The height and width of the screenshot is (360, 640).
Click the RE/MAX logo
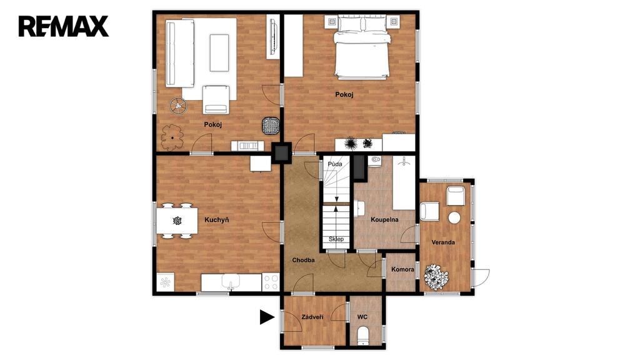point(64,26)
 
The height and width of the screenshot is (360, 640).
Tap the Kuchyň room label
point(216,220)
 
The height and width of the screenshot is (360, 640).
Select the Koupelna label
point(384,219)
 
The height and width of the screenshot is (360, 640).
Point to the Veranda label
point(443,242)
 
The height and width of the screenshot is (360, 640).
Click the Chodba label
point(303,260)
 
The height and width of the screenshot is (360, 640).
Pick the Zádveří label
point(312,317)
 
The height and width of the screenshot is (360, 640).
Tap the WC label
point(362,317)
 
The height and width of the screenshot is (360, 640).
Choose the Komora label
point(402,269)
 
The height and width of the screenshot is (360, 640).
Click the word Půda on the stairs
point(335,164)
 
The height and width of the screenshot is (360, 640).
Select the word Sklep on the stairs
point(336,239)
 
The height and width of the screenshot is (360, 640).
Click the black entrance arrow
point(267,317)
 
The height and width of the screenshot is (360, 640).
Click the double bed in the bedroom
point(361,47)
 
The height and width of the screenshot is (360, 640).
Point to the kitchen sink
point(231,282)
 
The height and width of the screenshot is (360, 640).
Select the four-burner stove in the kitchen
point(271,282)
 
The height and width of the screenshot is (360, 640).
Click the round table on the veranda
point(454,217)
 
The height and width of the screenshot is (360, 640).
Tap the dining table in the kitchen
point(177,221)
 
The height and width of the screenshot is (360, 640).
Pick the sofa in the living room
point(179,54)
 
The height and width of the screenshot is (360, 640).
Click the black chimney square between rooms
point(282,153)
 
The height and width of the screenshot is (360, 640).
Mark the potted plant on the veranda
point(436,277)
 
